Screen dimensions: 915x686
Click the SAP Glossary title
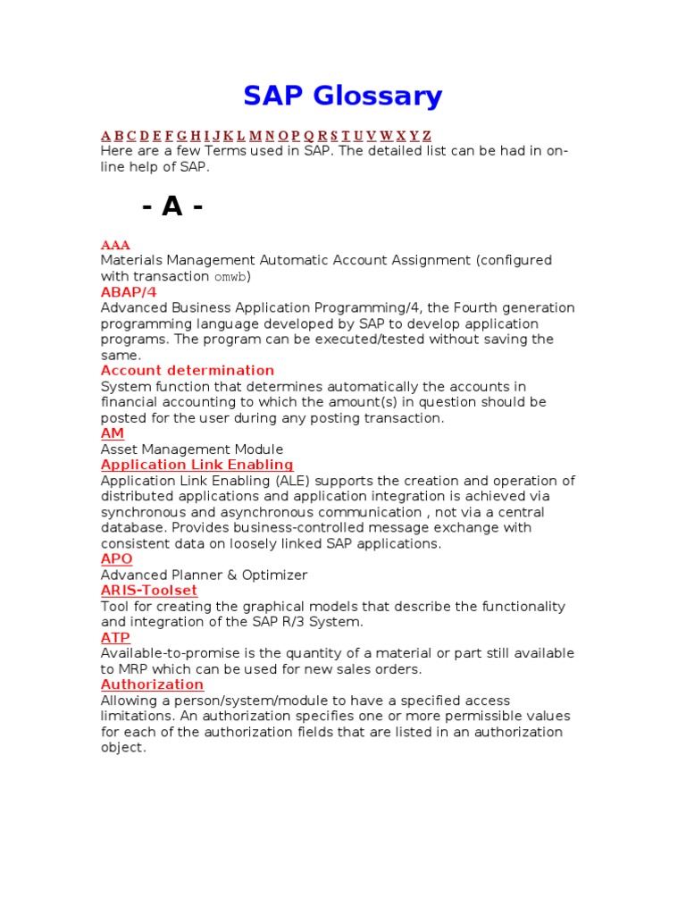[343, 96]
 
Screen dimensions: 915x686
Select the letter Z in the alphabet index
[427, 136]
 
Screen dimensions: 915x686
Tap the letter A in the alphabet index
[105, 136]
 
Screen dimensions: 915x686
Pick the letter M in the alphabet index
[255, 136]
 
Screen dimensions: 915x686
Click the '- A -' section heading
[172, 206]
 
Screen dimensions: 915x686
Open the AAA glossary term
[115, 245]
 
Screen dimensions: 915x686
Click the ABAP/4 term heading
[129, 292]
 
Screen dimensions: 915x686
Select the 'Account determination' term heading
[188, 370]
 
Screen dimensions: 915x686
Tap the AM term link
[112, 433]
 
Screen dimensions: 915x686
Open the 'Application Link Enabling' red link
[197, 465]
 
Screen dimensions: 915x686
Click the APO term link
[116, 559]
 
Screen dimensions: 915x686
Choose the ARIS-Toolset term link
[149, 591]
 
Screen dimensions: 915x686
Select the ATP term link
[115, 638]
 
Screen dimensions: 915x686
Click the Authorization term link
[152, 684]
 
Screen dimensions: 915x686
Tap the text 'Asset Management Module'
[192, 449]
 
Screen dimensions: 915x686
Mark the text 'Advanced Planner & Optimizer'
[204, 575]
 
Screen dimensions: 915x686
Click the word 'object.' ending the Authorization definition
[123, 748]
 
